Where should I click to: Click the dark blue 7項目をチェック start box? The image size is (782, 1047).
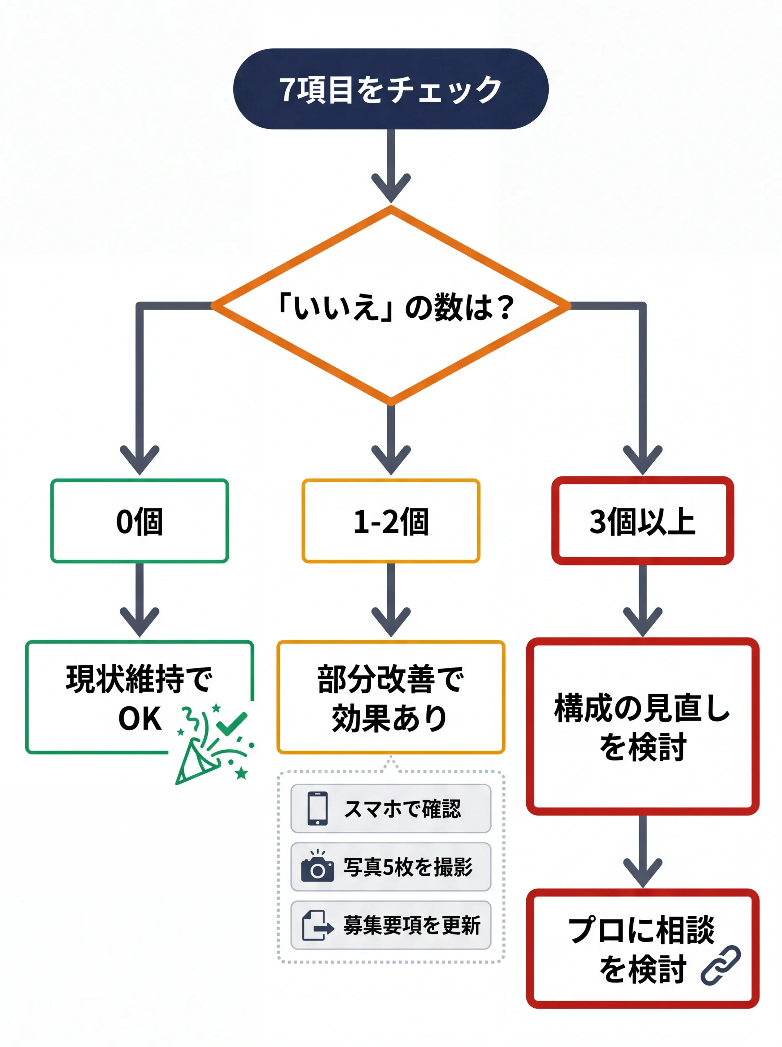pos(390,89)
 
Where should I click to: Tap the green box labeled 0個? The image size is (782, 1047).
pos(140,521)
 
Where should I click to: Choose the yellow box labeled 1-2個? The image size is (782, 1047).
pos(390,521)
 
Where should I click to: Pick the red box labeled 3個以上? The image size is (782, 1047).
pos(642,521)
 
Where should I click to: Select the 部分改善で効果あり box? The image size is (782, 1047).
pos(390,697)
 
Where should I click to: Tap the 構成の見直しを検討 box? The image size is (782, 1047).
pos(642,726)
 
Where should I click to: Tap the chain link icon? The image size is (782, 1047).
pos(721,966)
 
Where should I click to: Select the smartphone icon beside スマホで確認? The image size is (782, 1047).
pos(318,809)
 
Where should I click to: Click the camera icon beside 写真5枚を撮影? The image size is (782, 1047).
pos(318,867)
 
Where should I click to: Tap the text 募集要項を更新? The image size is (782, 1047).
pos(412,926)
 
